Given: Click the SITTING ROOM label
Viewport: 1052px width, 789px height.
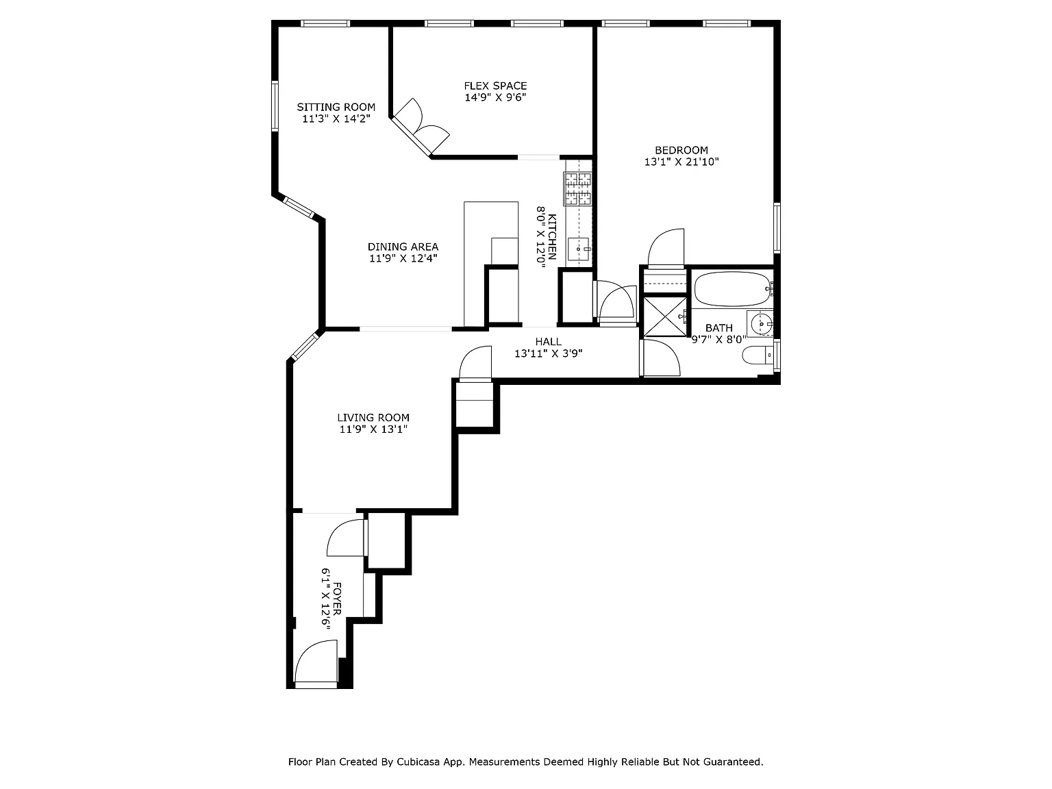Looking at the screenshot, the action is click(x=336, y=107).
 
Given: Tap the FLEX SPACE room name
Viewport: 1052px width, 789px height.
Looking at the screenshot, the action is click(x=495, y=86).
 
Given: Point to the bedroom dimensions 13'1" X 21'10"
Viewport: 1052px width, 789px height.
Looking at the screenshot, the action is click(x=681, y=162).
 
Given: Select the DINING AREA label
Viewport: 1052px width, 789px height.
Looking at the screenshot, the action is click(x=403, y=247).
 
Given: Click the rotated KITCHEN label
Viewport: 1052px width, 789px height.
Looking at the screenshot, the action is click(x=552, y=237).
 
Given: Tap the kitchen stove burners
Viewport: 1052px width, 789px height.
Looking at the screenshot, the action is click(x=578, y=189).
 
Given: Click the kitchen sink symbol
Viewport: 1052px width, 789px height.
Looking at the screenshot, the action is click(x=579, y=249).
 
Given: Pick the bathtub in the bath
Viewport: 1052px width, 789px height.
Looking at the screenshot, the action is click(x=732, y=289).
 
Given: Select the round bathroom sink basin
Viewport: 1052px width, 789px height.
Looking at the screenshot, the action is click(x=761, y=324).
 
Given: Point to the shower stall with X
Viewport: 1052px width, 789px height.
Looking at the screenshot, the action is click(x=665, y=316).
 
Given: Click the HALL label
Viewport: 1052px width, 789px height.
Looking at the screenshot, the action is click(x=549, y=342).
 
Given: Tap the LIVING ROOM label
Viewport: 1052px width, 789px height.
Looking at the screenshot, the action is click(x=373, y=418).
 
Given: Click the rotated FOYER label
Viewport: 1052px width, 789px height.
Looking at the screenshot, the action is click(x=337, y=599).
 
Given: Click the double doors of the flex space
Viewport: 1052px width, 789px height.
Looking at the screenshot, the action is click(x=421, y=128).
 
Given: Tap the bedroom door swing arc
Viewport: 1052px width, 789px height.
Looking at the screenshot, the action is click(x=666, y=247).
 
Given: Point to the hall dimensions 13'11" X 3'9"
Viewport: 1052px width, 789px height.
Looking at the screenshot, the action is click(x=549, y=353).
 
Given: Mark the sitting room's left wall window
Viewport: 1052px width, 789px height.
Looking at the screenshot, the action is click(x=275, y=106).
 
